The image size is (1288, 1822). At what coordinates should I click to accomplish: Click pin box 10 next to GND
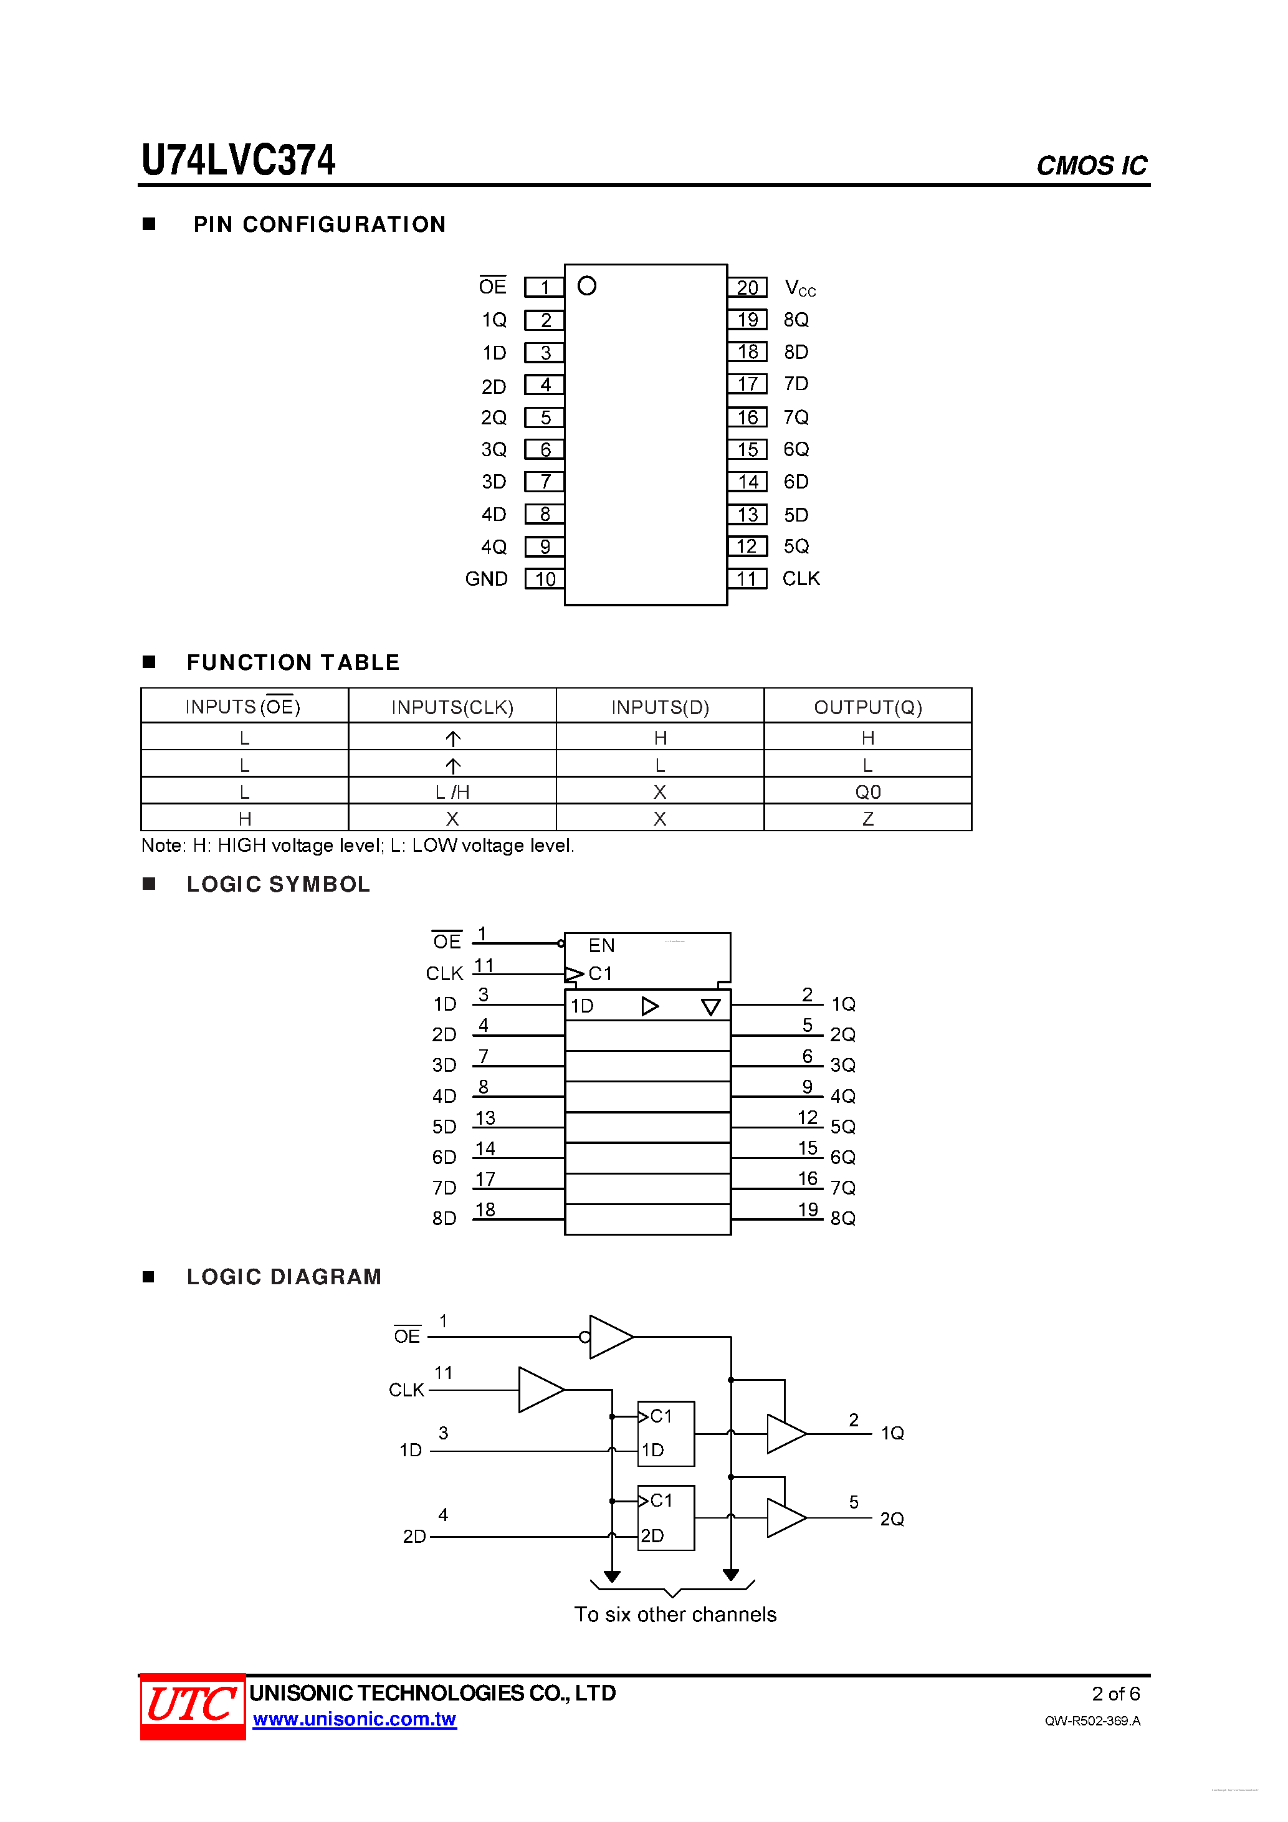pos(545,580)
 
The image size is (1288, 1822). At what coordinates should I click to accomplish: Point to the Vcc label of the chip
pos(799,288)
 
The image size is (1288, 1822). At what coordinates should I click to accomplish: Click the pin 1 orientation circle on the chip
pos(586,285)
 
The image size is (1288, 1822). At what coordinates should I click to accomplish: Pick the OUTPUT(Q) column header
pos(867,707)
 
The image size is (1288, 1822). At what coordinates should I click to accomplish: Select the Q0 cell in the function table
pos(867,792)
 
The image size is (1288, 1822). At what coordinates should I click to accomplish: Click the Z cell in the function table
pos(867,819)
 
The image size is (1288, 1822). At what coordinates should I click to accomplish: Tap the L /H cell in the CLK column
pos(452,792)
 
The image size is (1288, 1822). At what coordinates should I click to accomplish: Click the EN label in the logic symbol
pos(601,945)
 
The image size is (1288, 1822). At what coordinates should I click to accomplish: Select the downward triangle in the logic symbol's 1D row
pos(710,1007)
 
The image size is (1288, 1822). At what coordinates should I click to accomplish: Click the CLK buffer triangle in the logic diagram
pos(540,1390)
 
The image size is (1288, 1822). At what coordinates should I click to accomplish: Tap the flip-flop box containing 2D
pos(666,1518)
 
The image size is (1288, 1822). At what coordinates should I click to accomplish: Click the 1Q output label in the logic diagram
pos(892,1433)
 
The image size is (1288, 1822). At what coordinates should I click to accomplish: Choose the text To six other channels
pos(675,1615)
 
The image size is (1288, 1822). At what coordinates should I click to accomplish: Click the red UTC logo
pos(193,1705)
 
